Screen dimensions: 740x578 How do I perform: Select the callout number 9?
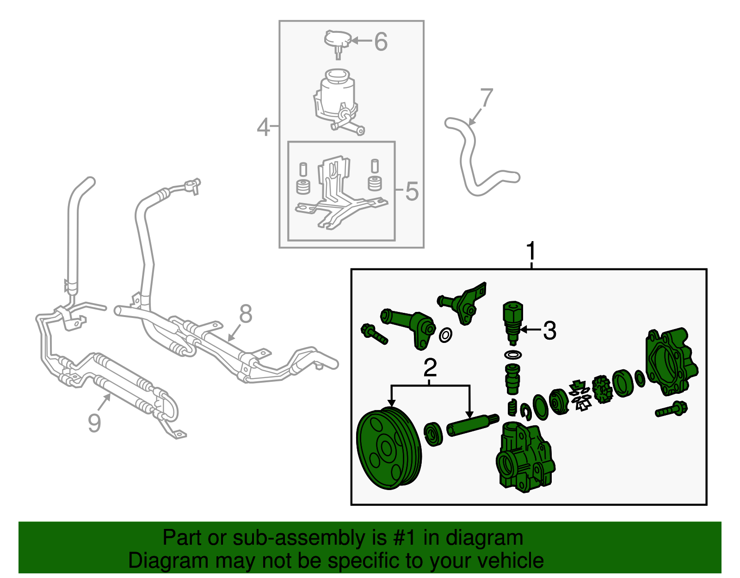tap(94, 423)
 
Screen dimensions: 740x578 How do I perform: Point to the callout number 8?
tap(246, 314)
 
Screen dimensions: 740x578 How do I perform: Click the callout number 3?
tap(549, 330)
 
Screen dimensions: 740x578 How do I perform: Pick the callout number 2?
tap(430, 367)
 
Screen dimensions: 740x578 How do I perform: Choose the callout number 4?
tap(263, 127)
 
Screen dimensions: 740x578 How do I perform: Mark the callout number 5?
tap(412, 191)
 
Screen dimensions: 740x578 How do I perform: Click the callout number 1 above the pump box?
tap(531, 251)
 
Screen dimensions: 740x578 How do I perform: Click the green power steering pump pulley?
tap(389, 448)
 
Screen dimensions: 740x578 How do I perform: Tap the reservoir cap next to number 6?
tap(338, 43)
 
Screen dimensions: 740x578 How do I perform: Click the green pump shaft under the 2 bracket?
tap(473, 425)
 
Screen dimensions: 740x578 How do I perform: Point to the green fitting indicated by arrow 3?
tap(513, 322)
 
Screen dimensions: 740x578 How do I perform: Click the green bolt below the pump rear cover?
tap(671, 409)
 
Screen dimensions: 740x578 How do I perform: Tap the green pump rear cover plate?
tap(672, 362)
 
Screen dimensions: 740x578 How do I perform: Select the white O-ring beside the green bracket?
tap(445, 335)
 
